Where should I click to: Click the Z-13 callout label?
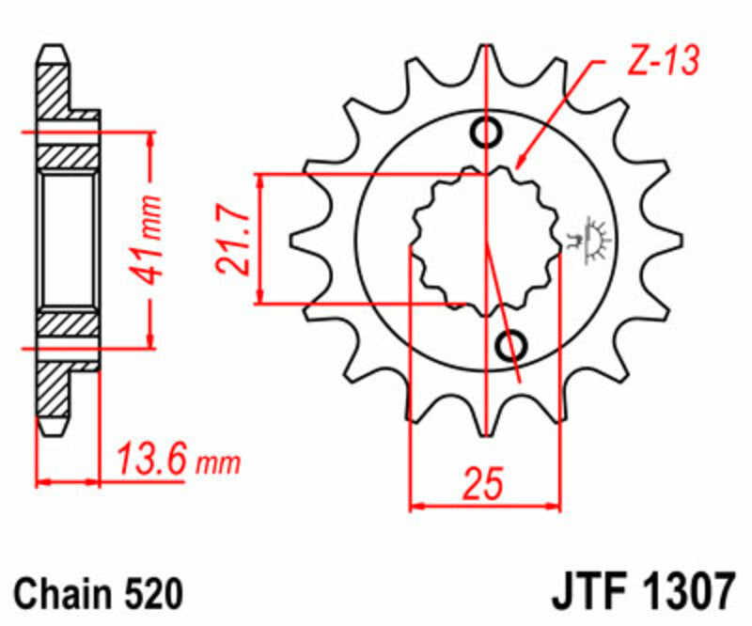tap(662, 63)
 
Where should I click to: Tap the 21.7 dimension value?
tap(232, 240)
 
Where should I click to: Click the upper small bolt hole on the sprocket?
tap(486, 133)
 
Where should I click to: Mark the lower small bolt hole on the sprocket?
tap(513, 345)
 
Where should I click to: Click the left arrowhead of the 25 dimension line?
tap(415, 506)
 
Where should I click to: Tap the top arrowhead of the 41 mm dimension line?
tap(149, 137)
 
